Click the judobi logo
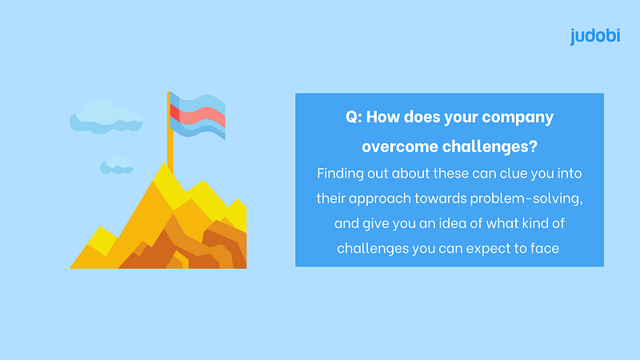click(595, 36)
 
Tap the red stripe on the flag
click(198, 116)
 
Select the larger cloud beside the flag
click(106, 116)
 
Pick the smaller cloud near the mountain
click(117, 165)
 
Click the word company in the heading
click(518, 118)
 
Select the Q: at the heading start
click(354, 117)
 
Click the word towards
click(441, 198)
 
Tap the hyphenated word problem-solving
click(526, 198)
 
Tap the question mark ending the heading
click(533, 146)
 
